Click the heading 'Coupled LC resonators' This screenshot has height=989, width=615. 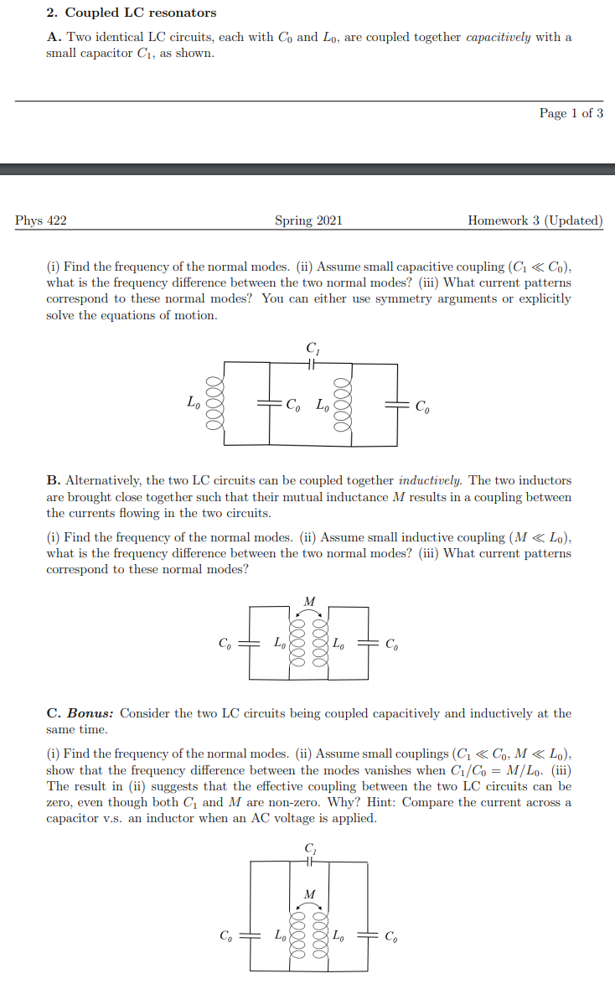[141, 13]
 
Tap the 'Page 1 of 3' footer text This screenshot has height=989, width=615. [571, 113]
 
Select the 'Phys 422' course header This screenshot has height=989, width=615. [41, 220]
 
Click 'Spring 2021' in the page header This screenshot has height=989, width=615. [308, 220]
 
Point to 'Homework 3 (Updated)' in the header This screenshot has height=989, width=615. [535, 220]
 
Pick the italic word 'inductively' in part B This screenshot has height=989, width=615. [430, 480]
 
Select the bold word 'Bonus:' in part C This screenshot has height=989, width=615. [90, 713]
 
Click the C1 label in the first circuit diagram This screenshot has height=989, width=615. [312, 348]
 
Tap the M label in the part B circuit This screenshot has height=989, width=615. [309, 601]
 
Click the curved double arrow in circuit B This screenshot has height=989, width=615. [309, 613]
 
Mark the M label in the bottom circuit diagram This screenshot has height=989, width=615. [309, 893]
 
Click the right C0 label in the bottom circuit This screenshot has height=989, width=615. [391, 936]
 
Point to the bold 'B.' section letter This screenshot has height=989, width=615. [53, 480]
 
